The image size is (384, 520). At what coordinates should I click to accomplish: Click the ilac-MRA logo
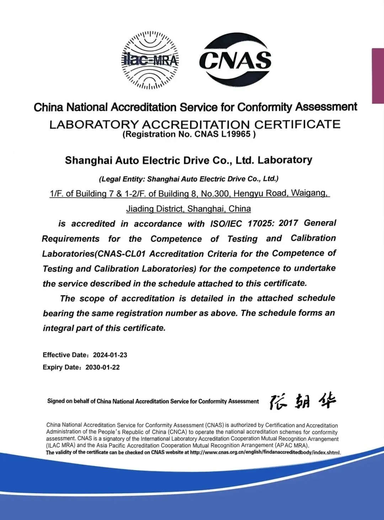[150, 60]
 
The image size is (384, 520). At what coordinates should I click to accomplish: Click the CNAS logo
[235, 60]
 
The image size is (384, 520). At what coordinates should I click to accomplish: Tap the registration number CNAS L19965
[223, 134]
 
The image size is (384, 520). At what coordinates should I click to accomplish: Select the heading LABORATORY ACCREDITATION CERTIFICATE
[195, 124]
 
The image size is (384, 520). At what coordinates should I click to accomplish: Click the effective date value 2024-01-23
[110, 355]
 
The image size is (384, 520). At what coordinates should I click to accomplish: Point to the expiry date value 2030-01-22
[102, 367]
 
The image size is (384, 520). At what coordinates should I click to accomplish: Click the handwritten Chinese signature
[303, 401]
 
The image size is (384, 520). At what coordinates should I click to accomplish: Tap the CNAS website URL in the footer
[265, 453]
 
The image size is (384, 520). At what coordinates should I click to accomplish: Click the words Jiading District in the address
[155, 209]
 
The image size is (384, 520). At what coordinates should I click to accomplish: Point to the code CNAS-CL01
[121, 254]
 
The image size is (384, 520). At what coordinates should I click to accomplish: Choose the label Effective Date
[65, 355]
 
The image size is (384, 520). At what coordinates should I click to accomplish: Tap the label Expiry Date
[61, 367]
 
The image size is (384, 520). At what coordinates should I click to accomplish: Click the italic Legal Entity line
[188, 179]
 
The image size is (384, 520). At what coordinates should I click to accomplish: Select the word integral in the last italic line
[58, 328]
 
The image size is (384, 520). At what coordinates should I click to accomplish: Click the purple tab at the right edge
[378, 75]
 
